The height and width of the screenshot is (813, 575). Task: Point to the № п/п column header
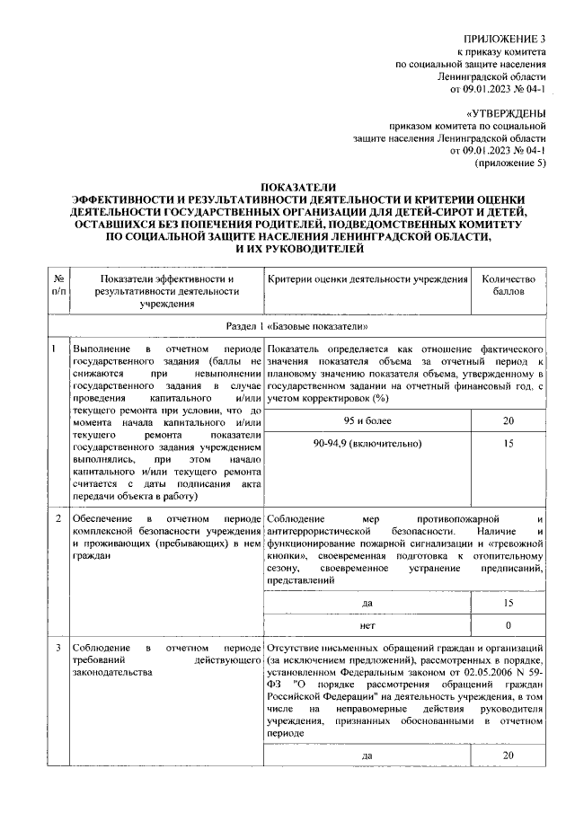(x=57, y=286)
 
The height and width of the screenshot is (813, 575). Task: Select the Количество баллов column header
(x=509, y=286)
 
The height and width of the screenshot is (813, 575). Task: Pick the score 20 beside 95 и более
(x=509, y=420)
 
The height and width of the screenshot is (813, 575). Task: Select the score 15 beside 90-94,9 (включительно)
(x=509, y=444)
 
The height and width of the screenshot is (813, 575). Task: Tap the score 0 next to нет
(x=509, y=624)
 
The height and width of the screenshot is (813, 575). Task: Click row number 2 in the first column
(x=57, y=519)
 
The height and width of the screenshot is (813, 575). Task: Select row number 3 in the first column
(x=57, y=648)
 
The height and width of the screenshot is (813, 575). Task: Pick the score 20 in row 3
(x=509, y=756)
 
